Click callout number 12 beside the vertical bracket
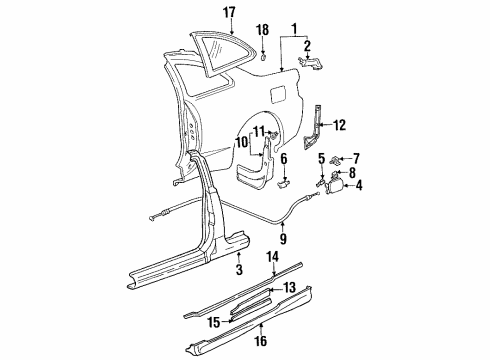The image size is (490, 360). (x=341, y=125)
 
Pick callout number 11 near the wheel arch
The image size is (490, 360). (x=259, y=131)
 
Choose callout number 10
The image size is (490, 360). (x=241, y=142)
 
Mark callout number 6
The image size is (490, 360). (x=284, y=159)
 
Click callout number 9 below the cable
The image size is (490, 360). (x=284, y=239)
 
